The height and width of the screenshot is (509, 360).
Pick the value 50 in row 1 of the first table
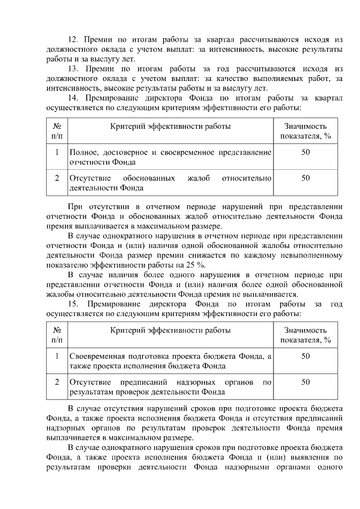coord(305,152)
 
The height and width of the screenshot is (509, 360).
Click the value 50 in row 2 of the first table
coord(305,178)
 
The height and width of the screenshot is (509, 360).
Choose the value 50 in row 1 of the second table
coord(305,356)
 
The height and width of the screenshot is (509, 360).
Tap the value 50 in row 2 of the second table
coord(305,382)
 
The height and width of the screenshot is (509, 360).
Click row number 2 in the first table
coord(57,178)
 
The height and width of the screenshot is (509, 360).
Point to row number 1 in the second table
coord(57,356)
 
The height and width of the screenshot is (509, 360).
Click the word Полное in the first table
coord(82,152)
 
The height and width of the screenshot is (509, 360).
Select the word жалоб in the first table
coord(199,178)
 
